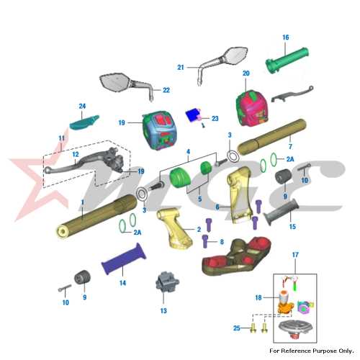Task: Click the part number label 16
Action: [x=286, y=37]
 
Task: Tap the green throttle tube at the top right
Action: [x=287, y=60]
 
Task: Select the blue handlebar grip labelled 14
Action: [x=124, y=258]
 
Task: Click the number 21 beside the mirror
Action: [x=181, y=68]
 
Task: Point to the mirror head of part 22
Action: [x=115, y=81]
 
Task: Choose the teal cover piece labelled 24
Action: [x=84, y=123]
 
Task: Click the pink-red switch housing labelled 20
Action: [x=252, y=107]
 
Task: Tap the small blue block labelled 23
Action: [x=193, y=114]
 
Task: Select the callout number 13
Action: [x=163, y=311]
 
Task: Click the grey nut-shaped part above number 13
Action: [x=167, y=282]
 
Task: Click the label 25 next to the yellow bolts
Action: [x=237, y=328]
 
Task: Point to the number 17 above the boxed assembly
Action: [x=295, y=255]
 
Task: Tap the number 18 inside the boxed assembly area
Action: [x=258, y=297]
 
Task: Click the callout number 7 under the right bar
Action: [x=290, y=146]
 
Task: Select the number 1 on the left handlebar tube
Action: [x=83, y=202]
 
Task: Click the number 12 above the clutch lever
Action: [x=76, y=154]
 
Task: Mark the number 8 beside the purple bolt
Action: [x=222, y=242]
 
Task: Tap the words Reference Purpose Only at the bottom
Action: [x=318, y=351]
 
